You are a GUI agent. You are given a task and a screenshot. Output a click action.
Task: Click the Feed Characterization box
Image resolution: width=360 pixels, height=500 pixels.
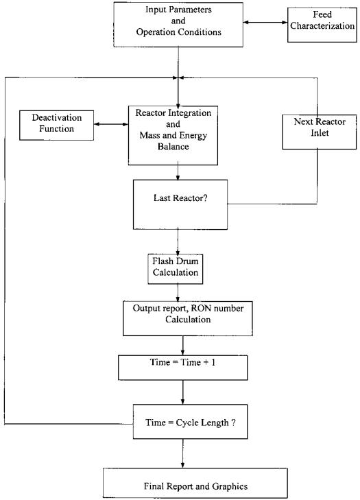coord(322,25)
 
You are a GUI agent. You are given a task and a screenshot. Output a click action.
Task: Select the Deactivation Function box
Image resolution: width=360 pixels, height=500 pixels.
coord(56,126)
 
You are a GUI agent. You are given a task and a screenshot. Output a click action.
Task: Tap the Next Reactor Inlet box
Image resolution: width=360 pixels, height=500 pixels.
coord(319,132)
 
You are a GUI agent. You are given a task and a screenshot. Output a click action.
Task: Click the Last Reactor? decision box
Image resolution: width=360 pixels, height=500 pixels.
coord(180,204)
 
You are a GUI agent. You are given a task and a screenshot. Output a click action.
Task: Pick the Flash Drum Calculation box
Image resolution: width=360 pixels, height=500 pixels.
coord(175,269)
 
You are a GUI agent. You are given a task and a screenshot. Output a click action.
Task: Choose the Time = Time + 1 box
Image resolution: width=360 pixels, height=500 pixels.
coord(182,368)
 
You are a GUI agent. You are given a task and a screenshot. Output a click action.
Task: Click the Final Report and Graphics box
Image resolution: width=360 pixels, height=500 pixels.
coord(195,483)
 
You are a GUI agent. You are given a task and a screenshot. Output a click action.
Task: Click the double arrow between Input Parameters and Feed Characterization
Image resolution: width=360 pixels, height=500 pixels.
coord(265,23)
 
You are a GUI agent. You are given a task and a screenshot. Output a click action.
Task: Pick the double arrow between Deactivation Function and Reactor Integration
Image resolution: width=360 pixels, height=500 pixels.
coord(111,124)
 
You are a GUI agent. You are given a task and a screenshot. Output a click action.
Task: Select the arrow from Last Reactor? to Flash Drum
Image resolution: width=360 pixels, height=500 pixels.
coord(178,241)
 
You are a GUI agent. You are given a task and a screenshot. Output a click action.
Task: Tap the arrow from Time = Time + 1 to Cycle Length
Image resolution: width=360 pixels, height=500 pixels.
coord(183,392)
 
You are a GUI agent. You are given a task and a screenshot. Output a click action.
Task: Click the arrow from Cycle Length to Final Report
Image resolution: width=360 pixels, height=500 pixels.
coord(182,453)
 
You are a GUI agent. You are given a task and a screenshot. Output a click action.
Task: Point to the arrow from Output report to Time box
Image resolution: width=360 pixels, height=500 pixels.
coord(182,346)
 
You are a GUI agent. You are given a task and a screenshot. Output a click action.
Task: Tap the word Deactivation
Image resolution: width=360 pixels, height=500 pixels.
coord(57,118)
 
